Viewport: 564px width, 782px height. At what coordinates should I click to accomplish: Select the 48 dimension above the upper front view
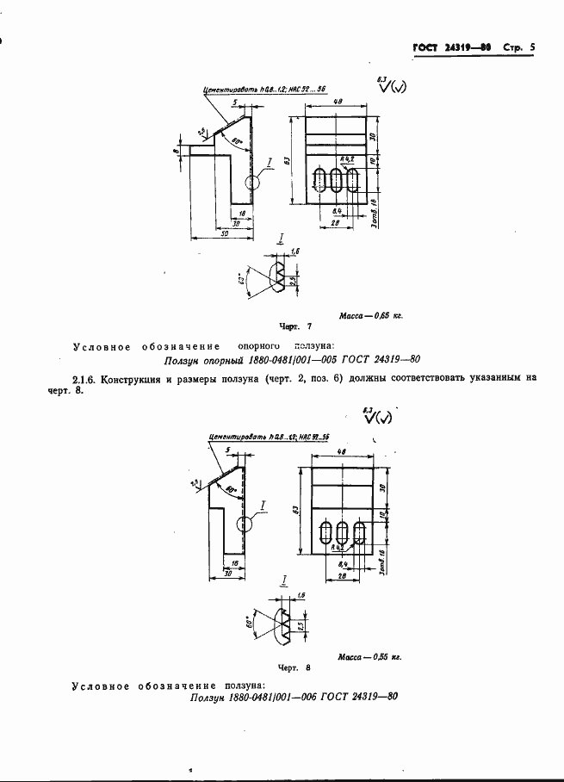338,102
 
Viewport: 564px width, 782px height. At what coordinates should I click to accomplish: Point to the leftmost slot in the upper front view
320,182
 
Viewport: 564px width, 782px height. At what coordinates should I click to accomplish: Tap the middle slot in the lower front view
343,532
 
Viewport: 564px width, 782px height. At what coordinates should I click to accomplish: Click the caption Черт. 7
295,328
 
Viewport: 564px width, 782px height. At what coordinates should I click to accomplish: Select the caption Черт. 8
294,667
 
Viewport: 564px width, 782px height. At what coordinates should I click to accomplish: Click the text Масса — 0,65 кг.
371,316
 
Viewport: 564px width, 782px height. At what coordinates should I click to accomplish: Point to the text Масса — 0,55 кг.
370,656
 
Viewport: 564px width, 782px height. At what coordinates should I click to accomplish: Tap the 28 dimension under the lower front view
343,574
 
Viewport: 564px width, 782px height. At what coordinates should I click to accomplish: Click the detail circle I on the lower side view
244,523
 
